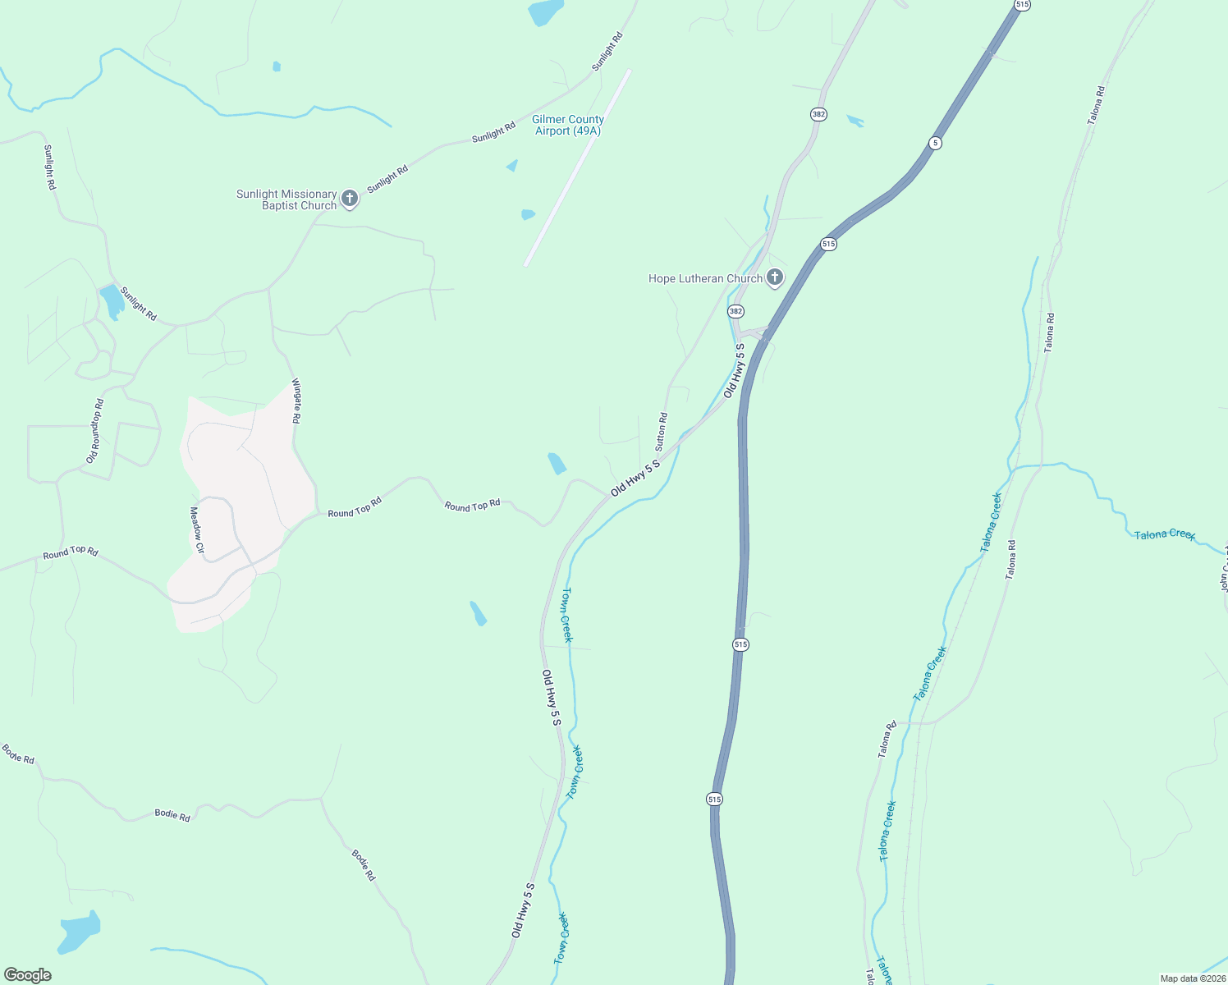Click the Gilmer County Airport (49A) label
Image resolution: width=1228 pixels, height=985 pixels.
click(x=568, y=126)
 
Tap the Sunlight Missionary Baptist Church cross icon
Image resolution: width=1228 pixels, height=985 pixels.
click(x=350, y=199)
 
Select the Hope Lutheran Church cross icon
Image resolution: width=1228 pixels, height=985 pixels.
click(x=774, y=277)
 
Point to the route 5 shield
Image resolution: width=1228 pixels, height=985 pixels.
click(x=935, y=143)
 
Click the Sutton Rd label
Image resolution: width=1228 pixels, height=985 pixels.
click(x=661, y=432)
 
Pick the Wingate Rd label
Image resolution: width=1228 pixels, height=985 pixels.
click(x=296, y=401)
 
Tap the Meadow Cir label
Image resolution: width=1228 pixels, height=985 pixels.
click(x=197, y=529)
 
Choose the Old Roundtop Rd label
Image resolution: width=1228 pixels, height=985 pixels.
click(x=95, y=431)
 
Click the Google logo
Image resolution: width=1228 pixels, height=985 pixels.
click(x=28, y=975)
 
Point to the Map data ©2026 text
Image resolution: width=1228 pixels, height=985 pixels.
click(x=1192, y=978)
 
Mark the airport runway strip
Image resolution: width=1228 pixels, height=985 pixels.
click(x=577, y=167)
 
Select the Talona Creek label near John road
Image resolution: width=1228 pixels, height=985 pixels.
click(x=1164, y=534)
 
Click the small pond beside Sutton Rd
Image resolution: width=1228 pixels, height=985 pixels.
click(x=557, y=464)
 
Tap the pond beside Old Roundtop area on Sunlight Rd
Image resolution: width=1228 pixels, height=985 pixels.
click(x=112, y=301)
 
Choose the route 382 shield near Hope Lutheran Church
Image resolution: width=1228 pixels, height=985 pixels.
click(x=735, y=311)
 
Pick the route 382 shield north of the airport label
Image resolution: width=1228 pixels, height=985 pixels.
click(x=818, y=114)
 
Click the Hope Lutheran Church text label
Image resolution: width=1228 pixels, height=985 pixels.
click(x=705, y=278)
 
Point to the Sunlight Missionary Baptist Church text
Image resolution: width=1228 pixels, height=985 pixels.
click(x=286, y=199)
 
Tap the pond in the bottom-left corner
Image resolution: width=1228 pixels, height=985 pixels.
click(x=80, y=932)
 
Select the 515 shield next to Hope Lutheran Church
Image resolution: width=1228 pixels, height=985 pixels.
click(x=827, y=244)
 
